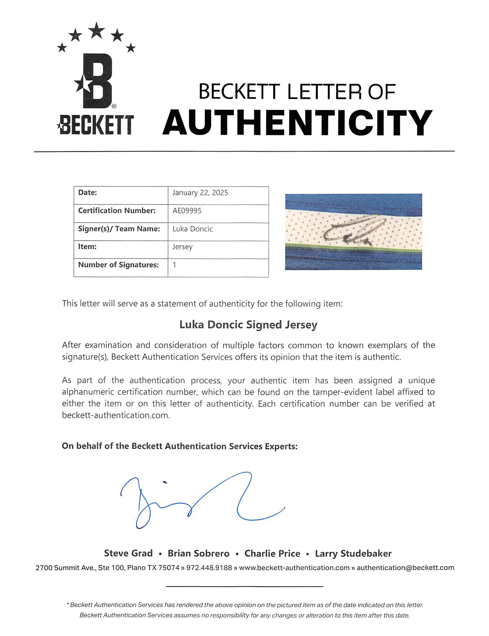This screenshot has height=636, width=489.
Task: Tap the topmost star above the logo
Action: (x=96, y=30)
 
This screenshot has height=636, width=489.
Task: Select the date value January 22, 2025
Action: (x=200, y=193)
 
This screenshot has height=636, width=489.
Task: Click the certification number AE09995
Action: (x=187, y=211)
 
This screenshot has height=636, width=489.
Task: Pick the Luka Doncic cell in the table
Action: (x=193, y=229)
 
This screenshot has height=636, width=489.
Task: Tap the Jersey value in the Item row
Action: (x=183, y=247)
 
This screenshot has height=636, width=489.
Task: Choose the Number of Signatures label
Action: (x=119, y=265)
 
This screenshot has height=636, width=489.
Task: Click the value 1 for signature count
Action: (x=174, y=265)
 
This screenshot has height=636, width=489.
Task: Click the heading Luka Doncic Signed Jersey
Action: (x=248, y=325)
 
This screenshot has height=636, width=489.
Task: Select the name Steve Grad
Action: (x=128, y=553)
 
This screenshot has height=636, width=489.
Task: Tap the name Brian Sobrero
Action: (x=198, y=553)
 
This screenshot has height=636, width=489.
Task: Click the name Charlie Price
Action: (x=272, y=553)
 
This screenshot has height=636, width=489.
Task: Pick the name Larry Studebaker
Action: (x=353, y=553)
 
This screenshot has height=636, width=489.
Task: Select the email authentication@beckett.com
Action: (x=405, y=568)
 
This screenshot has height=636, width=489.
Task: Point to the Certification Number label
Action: (x=117, y=211)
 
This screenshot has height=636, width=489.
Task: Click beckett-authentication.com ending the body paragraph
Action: (x=116, y=416)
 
